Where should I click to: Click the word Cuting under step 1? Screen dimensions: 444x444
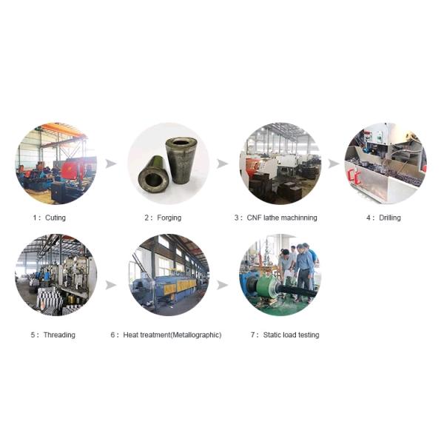tap(55, 218)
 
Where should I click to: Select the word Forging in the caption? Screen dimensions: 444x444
tap(169, 218)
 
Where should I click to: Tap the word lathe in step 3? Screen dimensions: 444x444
tap(272, 218)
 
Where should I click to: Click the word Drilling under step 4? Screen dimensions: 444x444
tap(390, 218)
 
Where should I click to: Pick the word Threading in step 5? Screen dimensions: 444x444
tap(59, 335)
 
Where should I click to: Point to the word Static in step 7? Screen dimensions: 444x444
tap(271, 335)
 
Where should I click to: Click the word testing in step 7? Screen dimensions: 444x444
tap(309, 335)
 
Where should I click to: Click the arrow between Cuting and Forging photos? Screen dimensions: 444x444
tap(111, 164)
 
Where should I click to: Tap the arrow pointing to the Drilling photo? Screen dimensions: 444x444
tap(334, 164)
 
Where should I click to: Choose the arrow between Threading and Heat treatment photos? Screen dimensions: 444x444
tap(111, 285)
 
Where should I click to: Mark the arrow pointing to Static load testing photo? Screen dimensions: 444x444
tap(223, 285)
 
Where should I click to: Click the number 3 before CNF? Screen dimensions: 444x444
tap(237, 218)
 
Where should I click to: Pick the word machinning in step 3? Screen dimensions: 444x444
tap(299, 218)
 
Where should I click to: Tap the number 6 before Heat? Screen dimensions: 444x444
tap(113, 335)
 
